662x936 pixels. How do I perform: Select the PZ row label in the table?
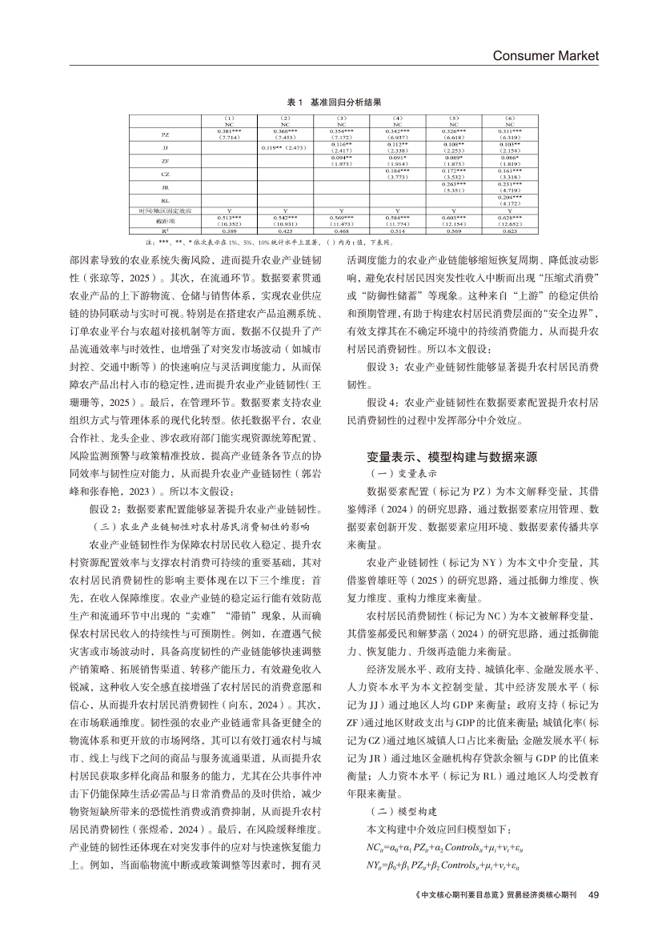(165, 135)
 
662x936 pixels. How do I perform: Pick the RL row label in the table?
(165, 200)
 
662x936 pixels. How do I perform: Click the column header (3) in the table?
(341, 119)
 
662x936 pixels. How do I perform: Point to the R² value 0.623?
(510, 231)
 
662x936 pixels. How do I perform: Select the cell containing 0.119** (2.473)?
(285, 148)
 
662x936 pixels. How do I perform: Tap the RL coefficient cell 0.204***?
(510, 197)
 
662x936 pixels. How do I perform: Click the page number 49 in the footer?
(593, 916)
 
